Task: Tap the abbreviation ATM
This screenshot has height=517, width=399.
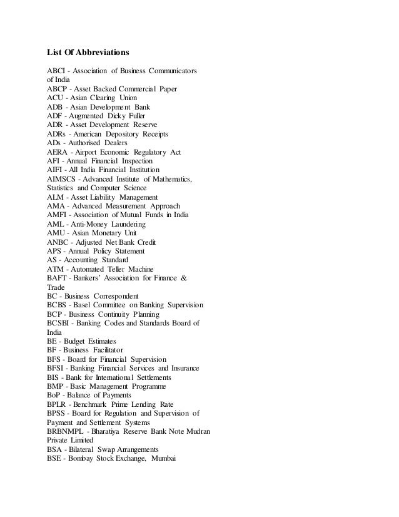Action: pyautogui.click(x=58, y=269)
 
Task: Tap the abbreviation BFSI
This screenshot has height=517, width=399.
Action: pyautogui.click(x=59, y=368)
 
